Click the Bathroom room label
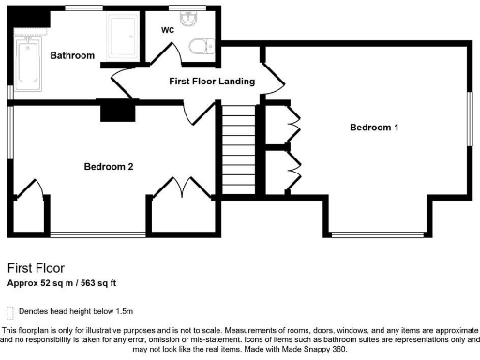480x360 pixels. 72,56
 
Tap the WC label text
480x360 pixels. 168,30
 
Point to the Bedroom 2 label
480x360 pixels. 109,167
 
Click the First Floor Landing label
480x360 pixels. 212,82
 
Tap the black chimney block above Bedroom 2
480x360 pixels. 117,112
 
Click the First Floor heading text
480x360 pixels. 37,267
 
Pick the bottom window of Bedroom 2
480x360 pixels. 97,232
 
